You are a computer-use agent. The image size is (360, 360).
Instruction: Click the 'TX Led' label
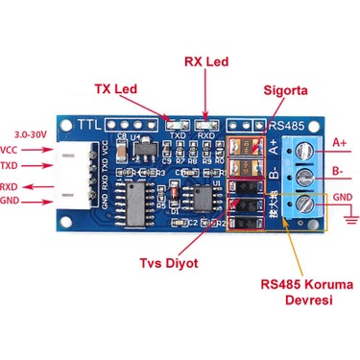pos(114,89)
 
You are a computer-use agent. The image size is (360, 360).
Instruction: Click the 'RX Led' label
pos(205,62)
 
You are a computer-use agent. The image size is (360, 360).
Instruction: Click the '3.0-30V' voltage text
pos(32,133)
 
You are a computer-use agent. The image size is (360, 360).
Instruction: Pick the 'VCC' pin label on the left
pos(10,150)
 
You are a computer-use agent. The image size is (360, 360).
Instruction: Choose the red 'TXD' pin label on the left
pos(11,167)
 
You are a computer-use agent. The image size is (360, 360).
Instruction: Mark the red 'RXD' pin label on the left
pos(11,186)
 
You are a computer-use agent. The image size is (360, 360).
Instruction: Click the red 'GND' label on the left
pos(11,201)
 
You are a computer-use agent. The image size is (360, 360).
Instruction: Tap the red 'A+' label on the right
pos(340,144)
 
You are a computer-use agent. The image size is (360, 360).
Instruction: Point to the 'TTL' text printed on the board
pos(88,125)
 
